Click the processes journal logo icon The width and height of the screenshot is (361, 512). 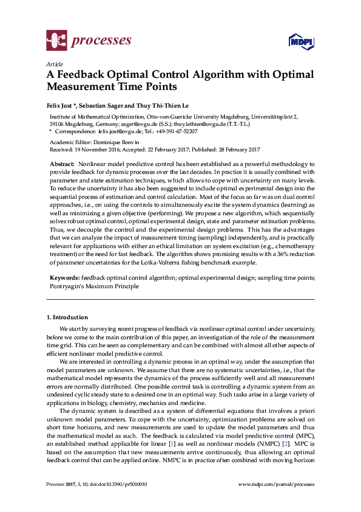point(56,41)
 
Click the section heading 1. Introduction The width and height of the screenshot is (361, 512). point(67,317)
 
